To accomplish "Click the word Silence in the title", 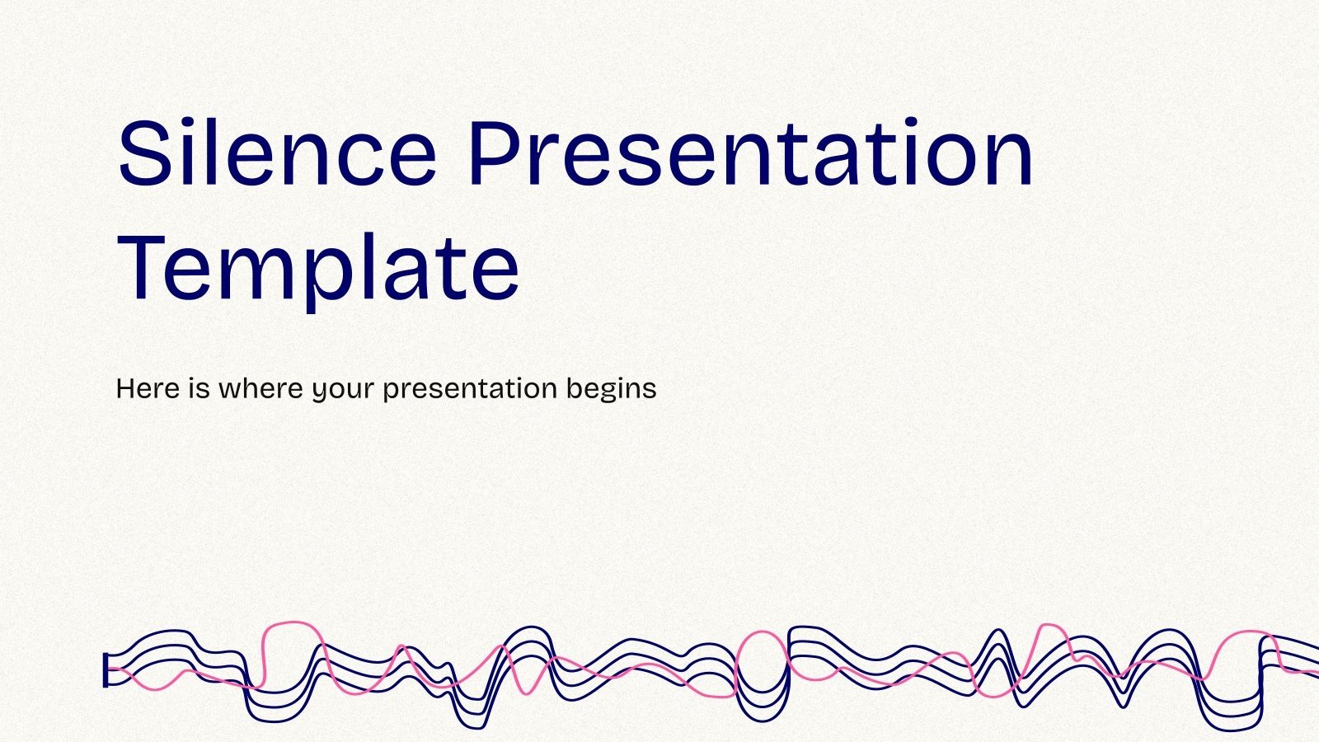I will [276, 153].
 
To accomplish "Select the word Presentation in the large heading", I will [750, 153].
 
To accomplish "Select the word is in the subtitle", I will [199, 387].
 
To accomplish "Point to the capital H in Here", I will [125, 387].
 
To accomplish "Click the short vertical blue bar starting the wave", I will [106, 670].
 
